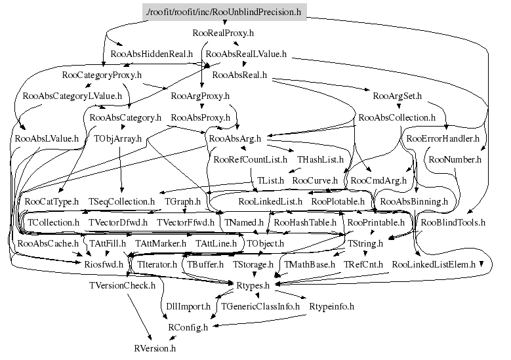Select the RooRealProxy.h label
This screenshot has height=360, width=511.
click(224, 32)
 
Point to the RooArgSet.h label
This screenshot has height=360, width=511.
click(397, 96)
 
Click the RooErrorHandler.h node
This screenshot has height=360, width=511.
click(443, 138)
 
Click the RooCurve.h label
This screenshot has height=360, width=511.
click(315, 180)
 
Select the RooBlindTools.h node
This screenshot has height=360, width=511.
click(453, 222)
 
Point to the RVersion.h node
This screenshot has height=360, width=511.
click(155, 348)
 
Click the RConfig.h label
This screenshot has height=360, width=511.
click(188, 327)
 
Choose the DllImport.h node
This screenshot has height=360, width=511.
click(186, 306)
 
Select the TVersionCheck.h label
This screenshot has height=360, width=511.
click(122, 285)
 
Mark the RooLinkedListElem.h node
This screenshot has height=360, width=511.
click(433, 264)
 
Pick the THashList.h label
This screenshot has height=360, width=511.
click(320, 159)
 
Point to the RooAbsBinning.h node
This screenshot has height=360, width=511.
click(413, 201)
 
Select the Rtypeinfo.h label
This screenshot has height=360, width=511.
click(331, 306)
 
